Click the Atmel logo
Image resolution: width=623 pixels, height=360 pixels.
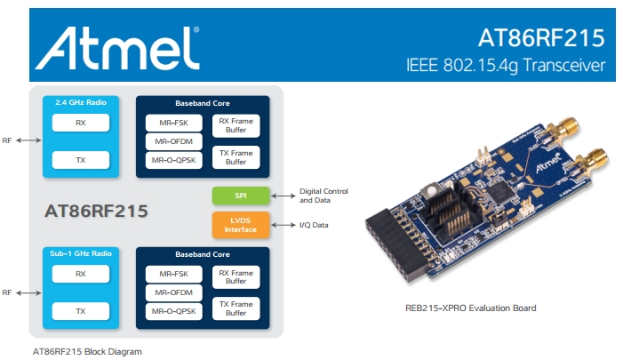[x=115, y=44]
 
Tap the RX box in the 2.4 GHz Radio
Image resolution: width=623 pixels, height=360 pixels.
[x=80, y=124]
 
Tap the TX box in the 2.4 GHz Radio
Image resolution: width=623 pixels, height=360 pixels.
[x=80, y=160]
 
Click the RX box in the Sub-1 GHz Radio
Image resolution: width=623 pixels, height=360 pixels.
[x=80, y=274]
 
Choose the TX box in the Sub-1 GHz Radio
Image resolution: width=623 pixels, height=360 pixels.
[x=80, y=311]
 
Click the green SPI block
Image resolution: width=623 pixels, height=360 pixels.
[x=240, y=195]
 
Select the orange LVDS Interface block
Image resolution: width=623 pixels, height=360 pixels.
[x=240, y=225]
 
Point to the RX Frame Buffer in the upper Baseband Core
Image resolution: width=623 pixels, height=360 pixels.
[x=236, y=125]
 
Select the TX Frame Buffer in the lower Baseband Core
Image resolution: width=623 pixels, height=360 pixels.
[x=236, y=308]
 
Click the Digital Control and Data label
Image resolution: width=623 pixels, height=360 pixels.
[x=324, y=195]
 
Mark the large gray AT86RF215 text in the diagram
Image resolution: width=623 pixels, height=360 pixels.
[x=95, y=212]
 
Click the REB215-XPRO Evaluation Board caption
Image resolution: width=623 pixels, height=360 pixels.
[x=470, y=308]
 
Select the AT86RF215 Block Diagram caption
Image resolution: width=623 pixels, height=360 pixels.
[x=87, y=351]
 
